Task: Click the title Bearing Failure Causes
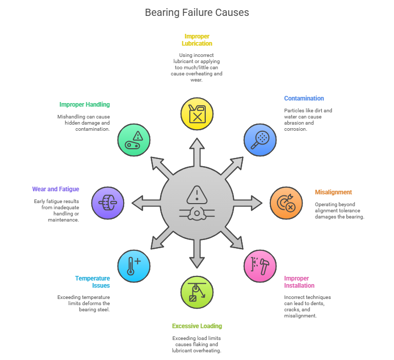[x=197, y=12]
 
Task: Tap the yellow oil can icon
[x=197, y=114]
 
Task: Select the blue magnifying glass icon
[x=260, y=140]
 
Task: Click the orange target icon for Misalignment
[x=286, y=203]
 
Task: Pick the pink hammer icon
[x=260, y=266]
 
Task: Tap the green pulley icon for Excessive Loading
[x=197, y=292]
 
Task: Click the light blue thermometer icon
[x=134, y=266]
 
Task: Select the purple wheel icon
[x=108, y=203]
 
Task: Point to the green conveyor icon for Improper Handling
[x=134, y=140]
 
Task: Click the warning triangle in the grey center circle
[x=197, y=195]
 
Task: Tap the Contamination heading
[x=304, y=98]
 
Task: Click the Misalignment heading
[x=333, y=192]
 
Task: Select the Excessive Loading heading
[x=197, y=326]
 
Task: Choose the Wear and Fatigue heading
[x=55, y=189]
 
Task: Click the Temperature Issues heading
[x=92, y=282]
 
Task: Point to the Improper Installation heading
[x=299, y=282]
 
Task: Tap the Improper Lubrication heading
[x=197, y=40]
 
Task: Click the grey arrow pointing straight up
[x=197, y=152]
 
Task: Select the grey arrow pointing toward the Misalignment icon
[x=248, y=203]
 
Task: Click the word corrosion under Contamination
[x=295, y=129]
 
